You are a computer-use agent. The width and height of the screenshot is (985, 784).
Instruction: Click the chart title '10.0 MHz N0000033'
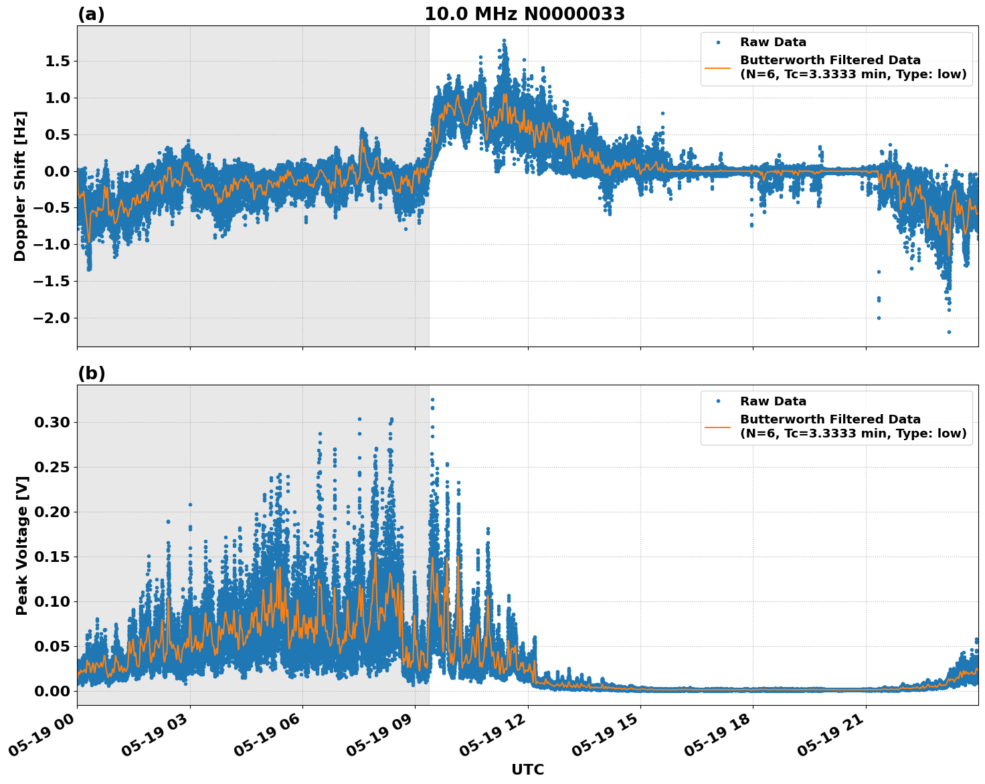pos(524,14)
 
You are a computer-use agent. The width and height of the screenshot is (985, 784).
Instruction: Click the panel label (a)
pos(91,14)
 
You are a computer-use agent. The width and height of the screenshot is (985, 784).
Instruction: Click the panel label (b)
pos(91,373)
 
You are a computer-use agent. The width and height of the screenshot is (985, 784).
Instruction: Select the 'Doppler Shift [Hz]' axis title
pos(20,186)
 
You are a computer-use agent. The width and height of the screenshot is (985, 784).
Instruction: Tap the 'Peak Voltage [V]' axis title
pos(22,545)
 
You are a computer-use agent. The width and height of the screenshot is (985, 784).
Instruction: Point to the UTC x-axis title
pos(527,769)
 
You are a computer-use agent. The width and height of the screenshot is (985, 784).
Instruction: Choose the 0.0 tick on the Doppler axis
pos(56,171)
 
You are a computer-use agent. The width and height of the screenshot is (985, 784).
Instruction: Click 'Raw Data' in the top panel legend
pos(773,42)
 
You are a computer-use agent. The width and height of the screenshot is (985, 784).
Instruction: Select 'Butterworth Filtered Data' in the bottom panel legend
pos(830,419)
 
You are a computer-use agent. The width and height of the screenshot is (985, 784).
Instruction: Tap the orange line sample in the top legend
pos(717,68)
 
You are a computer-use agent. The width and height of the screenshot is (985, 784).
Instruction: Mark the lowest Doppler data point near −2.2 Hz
pos(949,332)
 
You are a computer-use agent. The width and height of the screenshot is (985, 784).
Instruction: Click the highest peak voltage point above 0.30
pos(432,399)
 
